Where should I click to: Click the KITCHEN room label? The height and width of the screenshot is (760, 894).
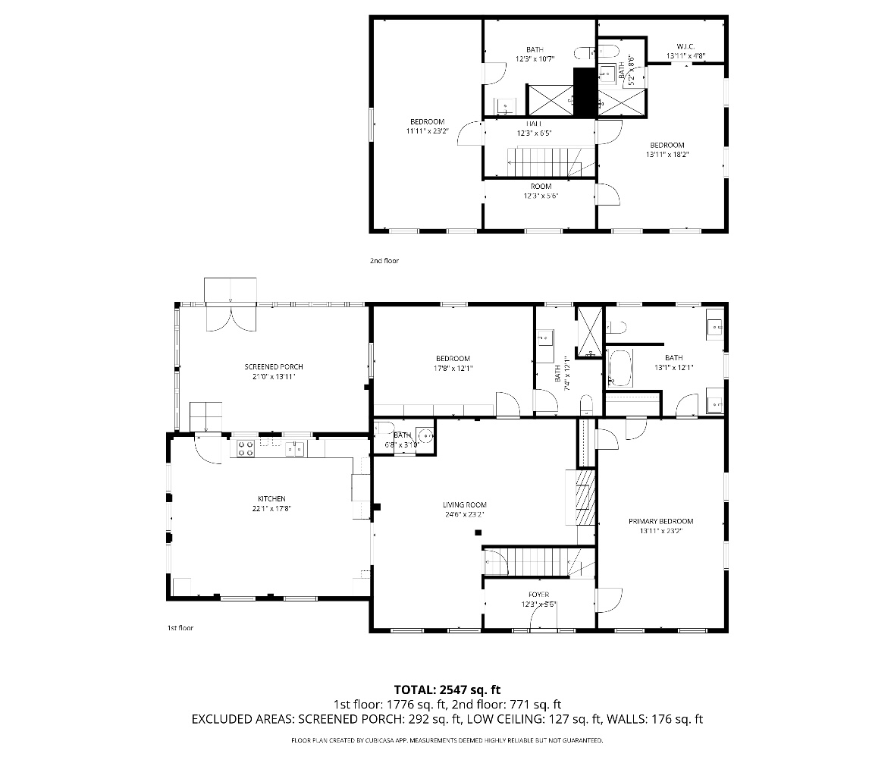click(271, 498)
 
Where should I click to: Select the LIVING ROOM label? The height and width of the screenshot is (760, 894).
click(464, 504)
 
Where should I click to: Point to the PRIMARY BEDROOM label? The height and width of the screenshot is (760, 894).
click(660, 521)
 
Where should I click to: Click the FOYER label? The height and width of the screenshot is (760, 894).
click(538, 595)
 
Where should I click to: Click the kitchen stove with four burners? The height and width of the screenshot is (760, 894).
click(245, 448)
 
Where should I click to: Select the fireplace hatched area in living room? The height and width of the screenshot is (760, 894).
click(585, 497)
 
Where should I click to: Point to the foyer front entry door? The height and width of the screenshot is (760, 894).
click(541, 619)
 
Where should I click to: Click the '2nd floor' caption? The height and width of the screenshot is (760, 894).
click(384, 261)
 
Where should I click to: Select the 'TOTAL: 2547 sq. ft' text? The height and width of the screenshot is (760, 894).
click(447, 689)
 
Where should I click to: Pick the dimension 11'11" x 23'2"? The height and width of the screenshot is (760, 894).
click(427, 131)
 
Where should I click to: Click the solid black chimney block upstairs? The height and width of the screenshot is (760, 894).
click(584, 93)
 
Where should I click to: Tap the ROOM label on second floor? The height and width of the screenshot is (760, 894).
click(541, 186)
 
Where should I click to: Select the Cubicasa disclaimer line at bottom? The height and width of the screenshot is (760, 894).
click(447, 740)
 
